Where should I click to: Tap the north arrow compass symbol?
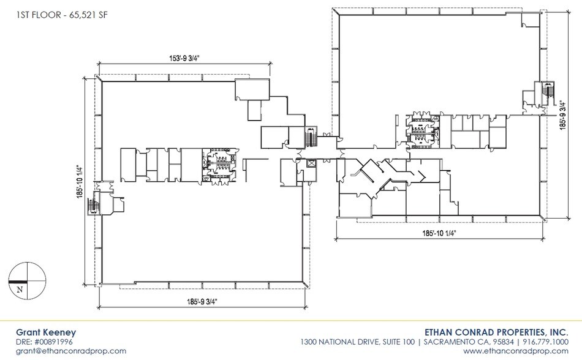pyautogui.click(x=26, y=280)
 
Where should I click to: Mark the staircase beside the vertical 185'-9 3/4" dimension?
pyautogui.click(x=548, y=93)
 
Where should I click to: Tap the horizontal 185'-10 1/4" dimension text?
pyautogui.click(x=438, y=233)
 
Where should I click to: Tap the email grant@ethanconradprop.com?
pyautogui.click(x=71, y=351)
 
